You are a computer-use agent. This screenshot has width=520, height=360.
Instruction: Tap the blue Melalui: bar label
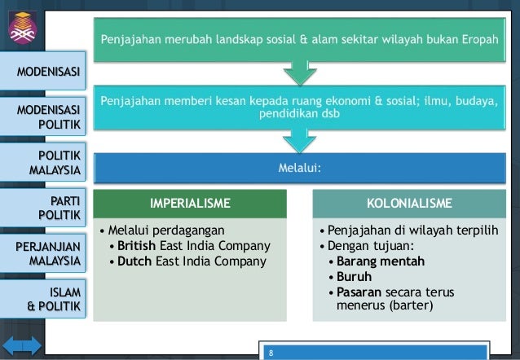(299, 169)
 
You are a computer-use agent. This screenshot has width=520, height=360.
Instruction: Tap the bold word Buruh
(354, 277)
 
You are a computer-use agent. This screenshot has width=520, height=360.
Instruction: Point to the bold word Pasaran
(360, 292)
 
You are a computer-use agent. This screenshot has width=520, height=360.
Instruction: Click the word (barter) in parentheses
(411, 305)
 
